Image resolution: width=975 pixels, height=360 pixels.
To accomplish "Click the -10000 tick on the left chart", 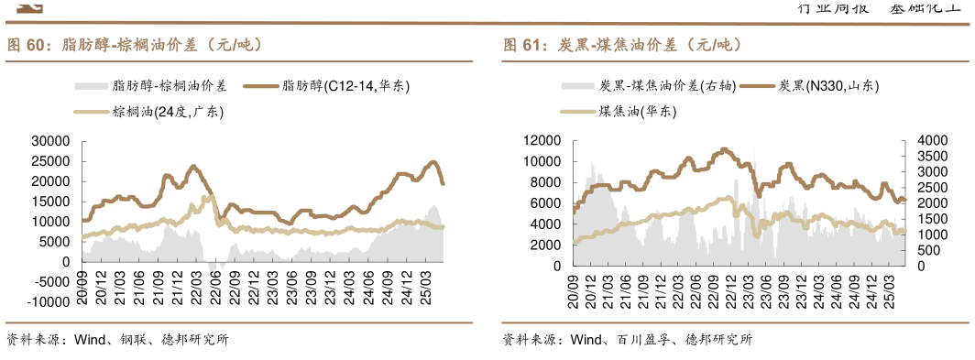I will point(48,302).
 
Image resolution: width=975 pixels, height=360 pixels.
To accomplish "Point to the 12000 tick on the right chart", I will point(542,140).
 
